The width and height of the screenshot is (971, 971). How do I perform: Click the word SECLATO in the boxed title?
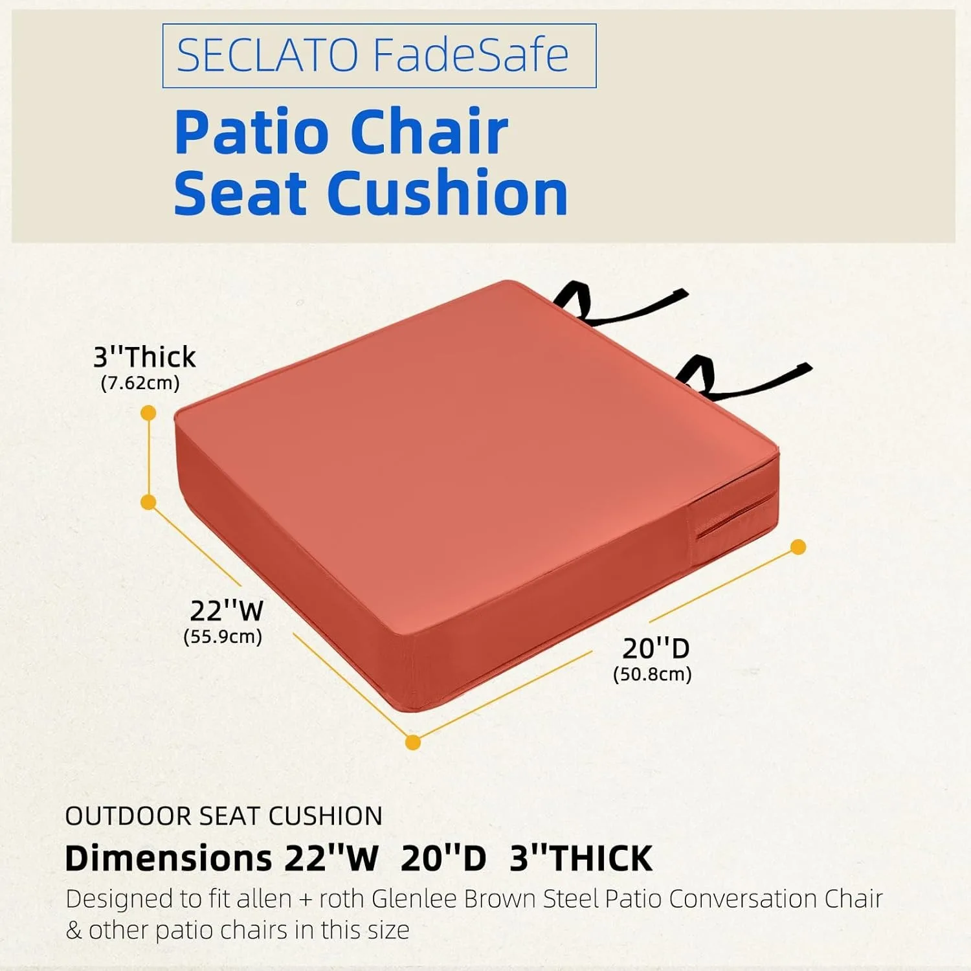coord(267,55)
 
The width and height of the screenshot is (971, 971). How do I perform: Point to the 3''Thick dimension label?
coord(144,357)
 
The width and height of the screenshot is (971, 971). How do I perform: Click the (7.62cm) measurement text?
coord(140,383)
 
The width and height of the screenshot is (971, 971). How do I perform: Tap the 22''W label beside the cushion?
coord(227,610)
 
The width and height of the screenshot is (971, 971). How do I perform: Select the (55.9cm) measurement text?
coord(223,636)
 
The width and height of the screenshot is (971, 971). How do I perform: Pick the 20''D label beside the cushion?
coord(656,648)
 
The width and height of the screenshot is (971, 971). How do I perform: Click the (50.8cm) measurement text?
coord(653,674)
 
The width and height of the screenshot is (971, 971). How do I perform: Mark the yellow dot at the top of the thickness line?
coord(148,412)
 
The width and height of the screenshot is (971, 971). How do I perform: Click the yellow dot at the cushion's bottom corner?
coord(413,742)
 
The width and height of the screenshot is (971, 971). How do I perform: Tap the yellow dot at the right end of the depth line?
coord(798,547)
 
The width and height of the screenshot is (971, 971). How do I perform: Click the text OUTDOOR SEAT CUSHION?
coord(224,816)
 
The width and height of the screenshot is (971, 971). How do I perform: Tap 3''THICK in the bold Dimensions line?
coord(581,859)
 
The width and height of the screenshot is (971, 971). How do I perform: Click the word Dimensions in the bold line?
coord(168,859)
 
